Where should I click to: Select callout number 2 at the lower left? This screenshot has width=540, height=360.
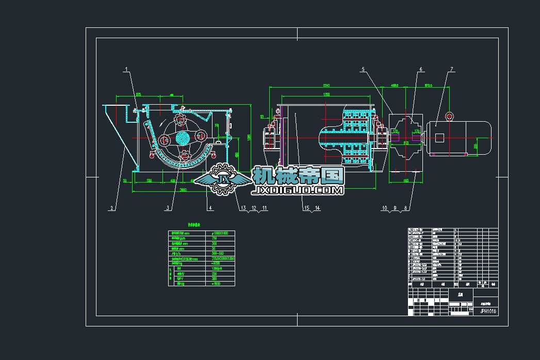click(x=111, y=208)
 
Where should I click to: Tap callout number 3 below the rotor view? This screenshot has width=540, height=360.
click(x=168, y=208)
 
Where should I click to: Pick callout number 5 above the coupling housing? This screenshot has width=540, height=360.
click(x=363, y=69)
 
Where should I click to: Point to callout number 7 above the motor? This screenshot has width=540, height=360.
click(x=452, y=69)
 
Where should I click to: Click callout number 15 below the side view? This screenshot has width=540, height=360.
click(x=306, y=208)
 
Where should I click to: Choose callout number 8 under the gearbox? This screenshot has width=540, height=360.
click(x=406, y=208)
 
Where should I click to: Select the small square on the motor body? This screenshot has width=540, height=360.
click(x=439, y=138)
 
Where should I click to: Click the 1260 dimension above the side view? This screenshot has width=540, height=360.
click(x=326, y=94)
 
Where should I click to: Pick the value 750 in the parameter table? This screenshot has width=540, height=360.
click(x=214, y=238)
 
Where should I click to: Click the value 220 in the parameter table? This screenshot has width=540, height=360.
click(x=214, y=273)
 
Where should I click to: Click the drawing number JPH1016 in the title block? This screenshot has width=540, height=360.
click(x=488, y=311)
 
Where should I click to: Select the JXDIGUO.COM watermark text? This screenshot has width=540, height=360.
click(x=297, y=191)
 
